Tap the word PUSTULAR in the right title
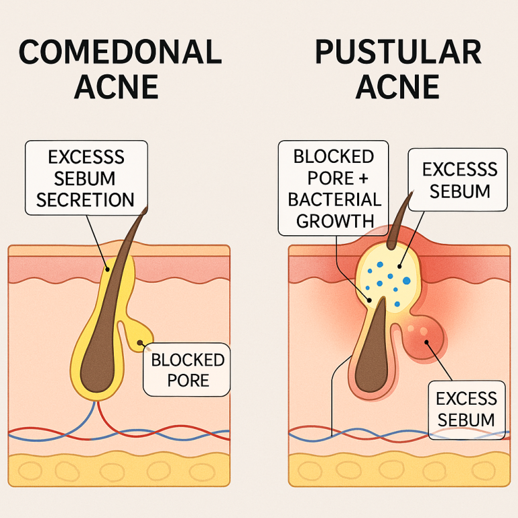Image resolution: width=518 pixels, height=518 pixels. click(398, 52)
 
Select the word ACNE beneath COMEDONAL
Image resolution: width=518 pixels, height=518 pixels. click(117, 87)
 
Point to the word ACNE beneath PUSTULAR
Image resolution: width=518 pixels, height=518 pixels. click(398, 87)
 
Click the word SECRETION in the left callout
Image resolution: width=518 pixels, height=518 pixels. click(85, 199)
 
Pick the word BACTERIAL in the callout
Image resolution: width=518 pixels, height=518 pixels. click(334, 199)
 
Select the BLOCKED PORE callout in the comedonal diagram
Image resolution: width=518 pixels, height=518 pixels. click(188, 370)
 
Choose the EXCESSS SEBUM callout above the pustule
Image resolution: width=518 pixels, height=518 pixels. click(460, 180)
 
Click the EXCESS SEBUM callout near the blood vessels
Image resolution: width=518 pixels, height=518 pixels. click(465, 409)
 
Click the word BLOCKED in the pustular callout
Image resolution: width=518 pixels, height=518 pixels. click(334, 156)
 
